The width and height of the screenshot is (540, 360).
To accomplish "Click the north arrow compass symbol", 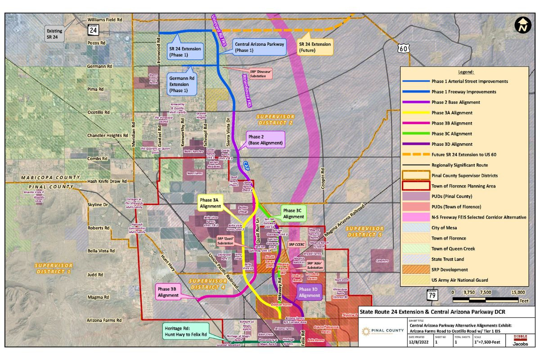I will click(x=522, y=25).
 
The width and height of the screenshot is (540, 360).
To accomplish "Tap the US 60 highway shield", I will click(x=404, y=47).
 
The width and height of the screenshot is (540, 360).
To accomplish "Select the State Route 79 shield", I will click(x=432, y=295).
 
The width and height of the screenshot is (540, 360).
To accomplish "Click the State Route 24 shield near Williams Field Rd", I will click(x=92, y=30).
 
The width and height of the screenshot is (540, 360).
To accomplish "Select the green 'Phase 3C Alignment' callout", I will click(x=293, y=213).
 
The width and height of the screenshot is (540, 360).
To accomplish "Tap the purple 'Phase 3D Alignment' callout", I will click(x=309, y=292).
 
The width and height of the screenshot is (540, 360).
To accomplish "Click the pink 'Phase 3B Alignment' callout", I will click(x=168, y=292).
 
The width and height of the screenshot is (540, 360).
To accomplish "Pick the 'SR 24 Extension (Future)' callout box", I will click(x=315, y=47).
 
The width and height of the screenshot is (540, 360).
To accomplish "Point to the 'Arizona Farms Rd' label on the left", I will click(x=104, y=320).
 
